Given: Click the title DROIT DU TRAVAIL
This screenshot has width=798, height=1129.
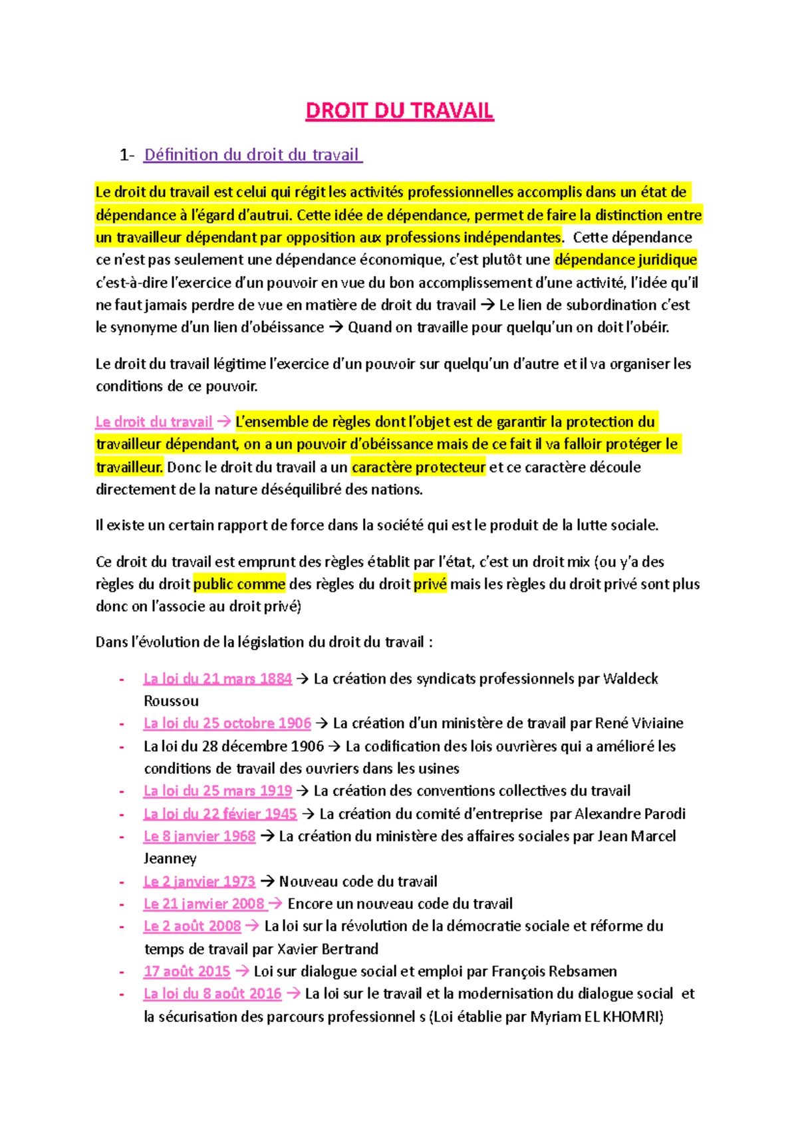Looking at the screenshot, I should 399,110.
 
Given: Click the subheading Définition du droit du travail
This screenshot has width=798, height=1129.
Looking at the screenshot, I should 252,155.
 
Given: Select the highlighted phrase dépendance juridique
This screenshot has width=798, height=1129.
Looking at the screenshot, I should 625,260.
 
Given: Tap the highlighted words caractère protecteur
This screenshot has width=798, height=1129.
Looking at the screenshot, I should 418,467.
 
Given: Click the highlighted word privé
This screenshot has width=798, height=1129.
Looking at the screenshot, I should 430,584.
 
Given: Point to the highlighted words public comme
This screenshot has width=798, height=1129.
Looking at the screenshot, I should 239,584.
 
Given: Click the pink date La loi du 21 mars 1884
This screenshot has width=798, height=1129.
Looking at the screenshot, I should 217,679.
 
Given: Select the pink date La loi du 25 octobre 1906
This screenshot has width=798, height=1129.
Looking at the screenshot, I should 227,723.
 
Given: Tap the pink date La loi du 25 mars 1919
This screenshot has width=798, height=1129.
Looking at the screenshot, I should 217,791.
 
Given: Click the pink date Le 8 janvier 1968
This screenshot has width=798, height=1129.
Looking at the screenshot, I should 199,836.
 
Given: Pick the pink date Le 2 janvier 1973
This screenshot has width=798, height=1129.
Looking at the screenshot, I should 199,882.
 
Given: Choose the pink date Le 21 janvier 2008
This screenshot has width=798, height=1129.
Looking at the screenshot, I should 204,904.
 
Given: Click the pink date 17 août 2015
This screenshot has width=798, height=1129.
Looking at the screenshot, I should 187,971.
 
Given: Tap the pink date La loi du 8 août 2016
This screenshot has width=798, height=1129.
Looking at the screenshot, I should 212,994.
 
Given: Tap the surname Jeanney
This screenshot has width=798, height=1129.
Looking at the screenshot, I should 170,859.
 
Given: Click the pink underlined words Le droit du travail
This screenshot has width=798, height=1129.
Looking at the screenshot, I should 154,422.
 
